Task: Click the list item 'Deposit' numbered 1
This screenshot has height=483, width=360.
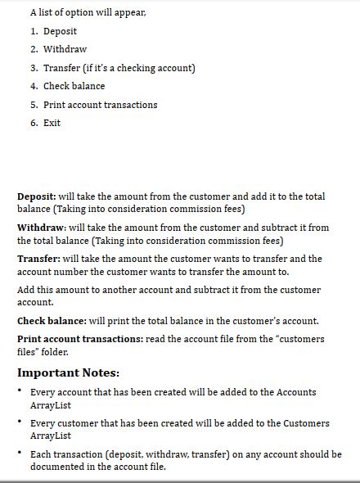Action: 60,31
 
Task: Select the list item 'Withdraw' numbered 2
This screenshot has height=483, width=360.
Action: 65,49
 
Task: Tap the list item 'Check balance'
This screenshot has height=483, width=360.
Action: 74,86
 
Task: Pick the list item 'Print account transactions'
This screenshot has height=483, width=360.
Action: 100,105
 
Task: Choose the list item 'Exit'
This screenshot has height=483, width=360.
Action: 52,123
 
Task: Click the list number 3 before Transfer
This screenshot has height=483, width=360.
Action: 34,68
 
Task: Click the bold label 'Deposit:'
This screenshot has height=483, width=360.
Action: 37,196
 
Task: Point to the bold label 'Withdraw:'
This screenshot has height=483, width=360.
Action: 42,228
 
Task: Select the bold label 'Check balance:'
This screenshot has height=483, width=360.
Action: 52,321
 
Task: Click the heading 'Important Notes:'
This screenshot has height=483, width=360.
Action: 69,372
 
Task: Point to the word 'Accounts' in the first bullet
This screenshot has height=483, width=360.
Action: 295,392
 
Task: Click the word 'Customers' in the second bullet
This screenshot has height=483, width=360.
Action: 302,423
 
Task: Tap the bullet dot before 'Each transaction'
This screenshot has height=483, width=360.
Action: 20,453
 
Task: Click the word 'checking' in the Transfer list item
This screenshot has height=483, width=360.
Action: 129,68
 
